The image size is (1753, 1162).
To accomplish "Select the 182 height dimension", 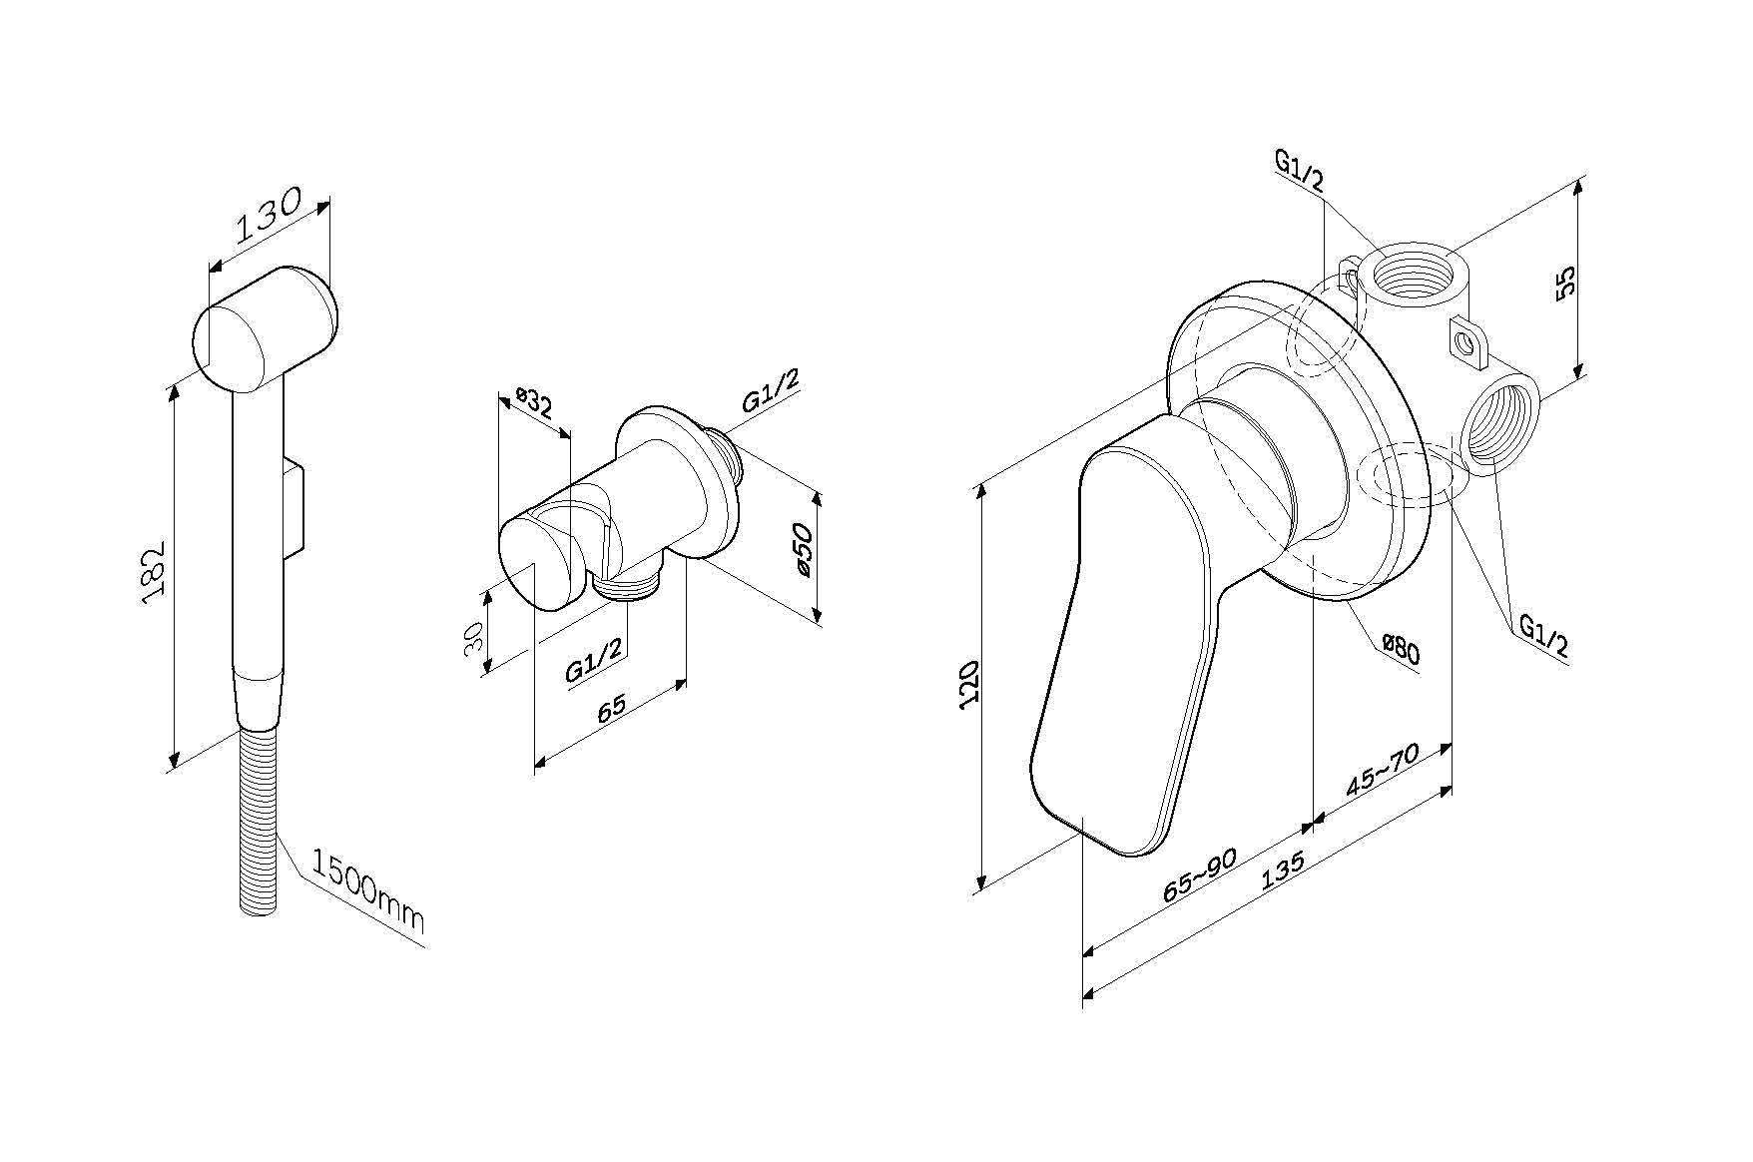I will click(153, 574).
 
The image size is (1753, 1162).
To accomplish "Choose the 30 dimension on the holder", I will click(475, 634).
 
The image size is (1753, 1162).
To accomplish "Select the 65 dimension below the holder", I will click(612, 707).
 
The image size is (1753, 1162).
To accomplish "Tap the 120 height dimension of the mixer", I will click(969, 684).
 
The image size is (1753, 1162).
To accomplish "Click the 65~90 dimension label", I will click(1200, 875).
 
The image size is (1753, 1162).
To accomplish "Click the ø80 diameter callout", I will click(1401, 651).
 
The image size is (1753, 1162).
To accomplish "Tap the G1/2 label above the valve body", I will click(1299, 171).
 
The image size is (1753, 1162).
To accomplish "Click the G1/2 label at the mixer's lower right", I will click(1543, 636).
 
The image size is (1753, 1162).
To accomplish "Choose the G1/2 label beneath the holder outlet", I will click(595, 660).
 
